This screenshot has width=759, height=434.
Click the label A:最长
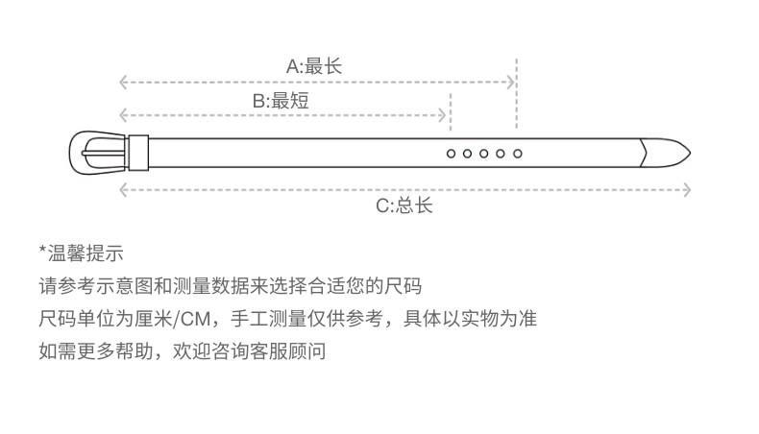point(314,66)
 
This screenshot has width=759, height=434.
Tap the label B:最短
point(281,100)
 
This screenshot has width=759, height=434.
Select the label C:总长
point(404,205)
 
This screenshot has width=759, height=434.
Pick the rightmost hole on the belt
point(517,153)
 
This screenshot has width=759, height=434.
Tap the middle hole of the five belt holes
point(483,153)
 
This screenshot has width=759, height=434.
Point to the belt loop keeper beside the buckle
point(139,152)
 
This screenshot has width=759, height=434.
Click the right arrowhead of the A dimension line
point(512,83)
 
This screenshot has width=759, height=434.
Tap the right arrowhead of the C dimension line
point(687,189)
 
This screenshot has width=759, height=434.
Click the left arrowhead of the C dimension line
point(122,189)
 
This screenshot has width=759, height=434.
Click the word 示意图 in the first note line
point(127,287)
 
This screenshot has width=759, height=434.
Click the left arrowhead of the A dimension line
point(122,83)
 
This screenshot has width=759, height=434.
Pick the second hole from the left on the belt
point(467,153)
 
